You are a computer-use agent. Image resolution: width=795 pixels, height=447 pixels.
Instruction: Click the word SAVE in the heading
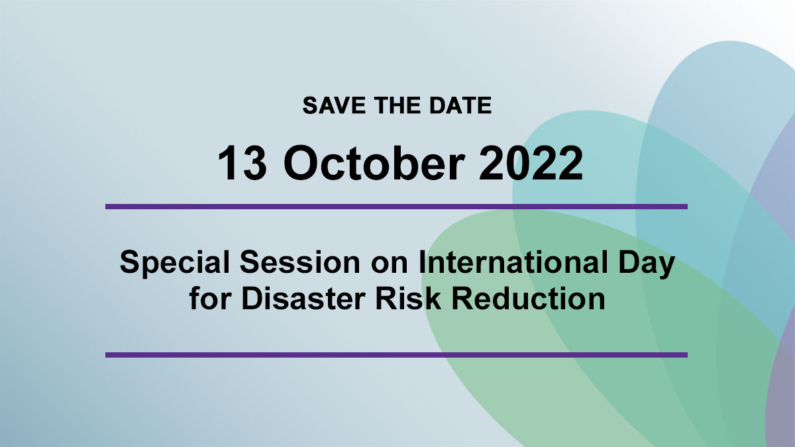point(334,105)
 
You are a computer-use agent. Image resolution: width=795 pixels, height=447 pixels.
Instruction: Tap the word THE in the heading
point(397,105)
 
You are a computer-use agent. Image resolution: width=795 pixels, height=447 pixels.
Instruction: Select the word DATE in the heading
point(460,105)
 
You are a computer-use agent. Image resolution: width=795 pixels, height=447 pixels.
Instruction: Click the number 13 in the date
point(242,163)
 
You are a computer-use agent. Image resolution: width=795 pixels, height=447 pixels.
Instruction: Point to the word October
point(374,162)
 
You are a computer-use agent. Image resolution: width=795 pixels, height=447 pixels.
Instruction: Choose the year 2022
point(531,163)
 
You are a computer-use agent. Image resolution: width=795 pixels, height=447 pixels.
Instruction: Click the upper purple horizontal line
point(396,207)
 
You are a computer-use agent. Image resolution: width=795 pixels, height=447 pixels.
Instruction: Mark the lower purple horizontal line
point(396,355)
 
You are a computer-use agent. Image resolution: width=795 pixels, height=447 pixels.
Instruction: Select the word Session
point(300,262)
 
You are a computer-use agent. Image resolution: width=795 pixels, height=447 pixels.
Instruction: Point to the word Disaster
point(303,298)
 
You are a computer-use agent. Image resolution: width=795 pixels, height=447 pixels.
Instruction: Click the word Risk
point(409,298)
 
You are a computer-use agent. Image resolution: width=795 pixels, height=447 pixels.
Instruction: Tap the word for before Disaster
point(210,298)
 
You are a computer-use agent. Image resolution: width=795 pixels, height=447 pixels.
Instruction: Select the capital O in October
point(301,163)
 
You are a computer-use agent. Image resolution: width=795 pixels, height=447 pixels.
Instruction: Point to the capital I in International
point(422,262)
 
